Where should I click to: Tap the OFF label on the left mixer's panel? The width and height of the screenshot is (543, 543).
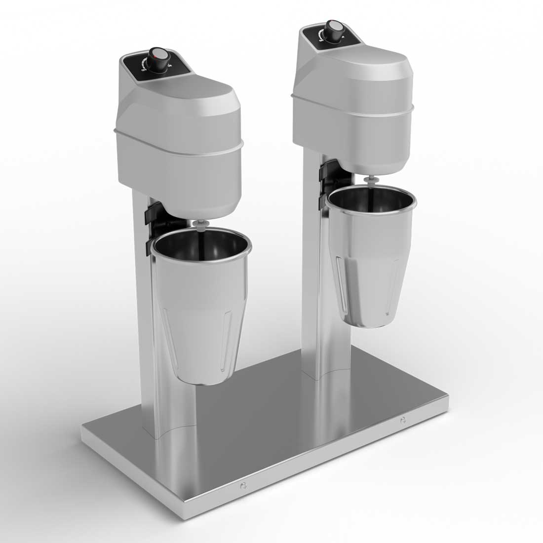pyautogui.click(x=144, y=71)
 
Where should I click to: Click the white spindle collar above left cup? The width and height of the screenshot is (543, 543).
pyautogui.click(x=200, y=226)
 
